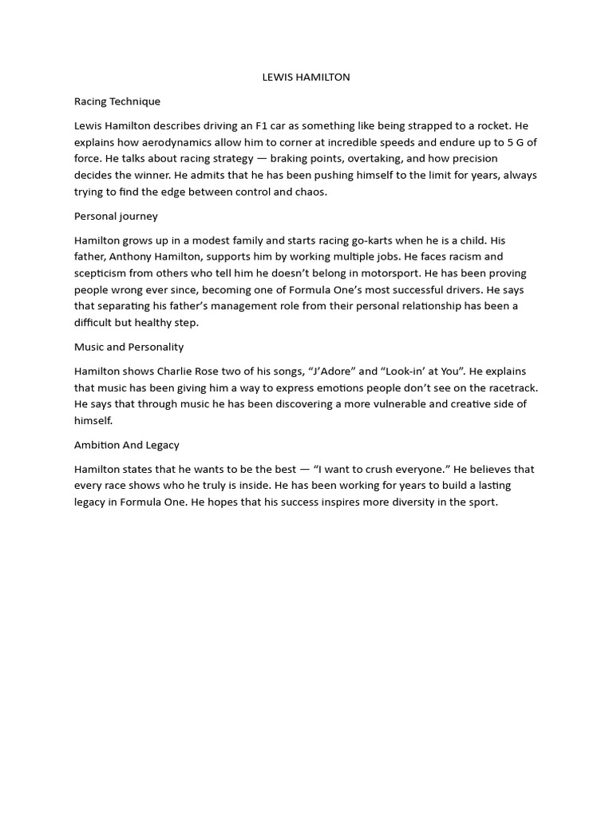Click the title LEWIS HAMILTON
click(306, 77)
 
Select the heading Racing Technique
click(117, 101)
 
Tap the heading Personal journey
click(116, 216)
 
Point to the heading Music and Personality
click(129, 347)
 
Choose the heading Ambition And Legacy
click(127, 445)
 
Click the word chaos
click(311, 192)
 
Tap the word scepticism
click(102, 273)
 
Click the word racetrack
click(508, 387)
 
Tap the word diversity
click(409, 502)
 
